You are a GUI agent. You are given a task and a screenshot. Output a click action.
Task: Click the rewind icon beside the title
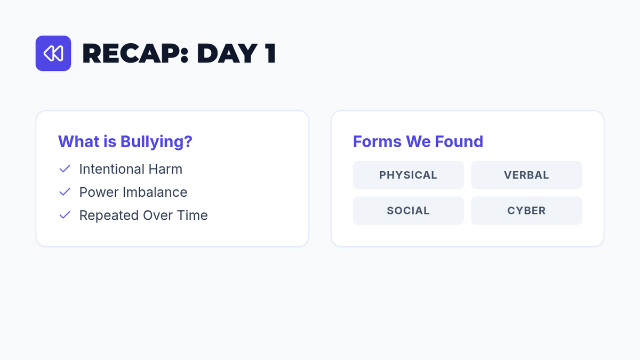[53, 53]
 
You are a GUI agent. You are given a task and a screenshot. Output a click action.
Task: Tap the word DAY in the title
[227, 53]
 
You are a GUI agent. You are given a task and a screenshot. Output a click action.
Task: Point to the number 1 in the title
[270, 53]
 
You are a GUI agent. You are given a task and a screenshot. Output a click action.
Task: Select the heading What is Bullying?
[125, 141]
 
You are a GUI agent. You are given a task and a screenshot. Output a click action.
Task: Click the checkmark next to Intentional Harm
[65, 169]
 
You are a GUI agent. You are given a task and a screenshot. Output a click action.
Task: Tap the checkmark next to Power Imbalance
[65, 192]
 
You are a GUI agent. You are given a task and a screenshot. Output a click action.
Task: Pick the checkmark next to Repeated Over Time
[65, 215]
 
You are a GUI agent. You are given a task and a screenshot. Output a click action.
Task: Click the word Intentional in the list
[111, 169]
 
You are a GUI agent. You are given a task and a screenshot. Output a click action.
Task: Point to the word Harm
[165, 169]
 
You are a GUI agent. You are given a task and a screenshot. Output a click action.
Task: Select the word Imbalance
[155, 192]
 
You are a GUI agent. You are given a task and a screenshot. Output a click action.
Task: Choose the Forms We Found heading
[418, 141]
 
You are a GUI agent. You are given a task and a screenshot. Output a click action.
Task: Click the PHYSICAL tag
[409, 175]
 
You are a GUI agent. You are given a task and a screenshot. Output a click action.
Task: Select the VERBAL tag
[526, 175]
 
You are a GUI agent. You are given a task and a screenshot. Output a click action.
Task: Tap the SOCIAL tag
[409, 211]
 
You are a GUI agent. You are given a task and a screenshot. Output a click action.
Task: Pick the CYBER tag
[526, 211]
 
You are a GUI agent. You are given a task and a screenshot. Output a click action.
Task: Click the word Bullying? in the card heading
[156, 142]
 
